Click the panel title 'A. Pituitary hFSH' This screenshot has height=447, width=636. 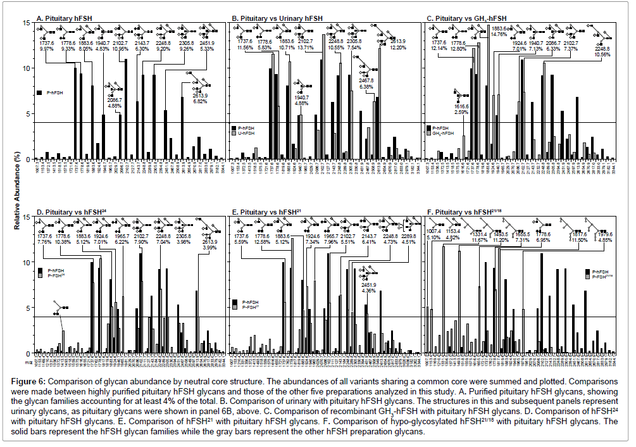click(x=63, y=18)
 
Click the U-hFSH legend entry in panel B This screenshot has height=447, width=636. click(x=247, y=134)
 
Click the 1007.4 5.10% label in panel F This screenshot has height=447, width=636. click(x=435, y=234)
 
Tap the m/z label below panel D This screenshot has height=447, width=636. click(x=28, y=363)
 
